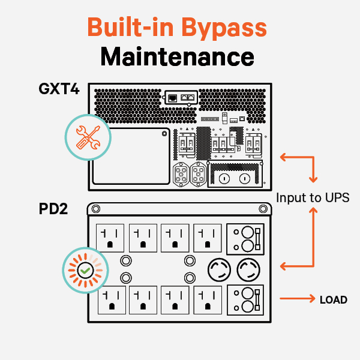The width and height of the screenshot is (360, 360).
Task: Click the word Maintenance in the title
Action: [x=177, y=58]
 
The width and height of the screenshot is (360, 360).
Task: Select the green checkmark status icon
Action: [x=86, y=271]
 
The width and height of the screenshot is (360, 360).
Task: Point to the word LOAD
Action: [x=333, y=299]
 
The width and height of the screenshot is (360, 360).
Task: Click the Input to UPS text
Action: [x=312, y=197]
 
